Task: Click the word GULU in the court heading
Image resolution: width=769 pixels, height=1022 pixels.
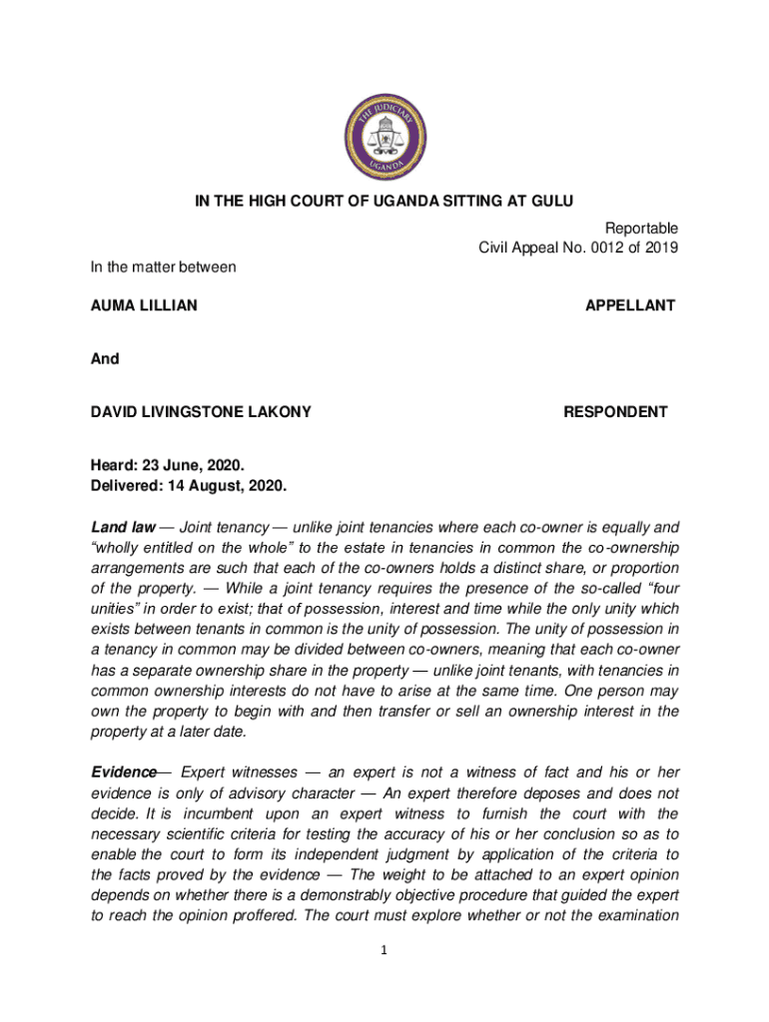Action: (x=553, y=203)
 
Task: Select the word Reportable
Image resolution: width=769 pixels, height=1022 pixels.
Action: (x=641, y=229)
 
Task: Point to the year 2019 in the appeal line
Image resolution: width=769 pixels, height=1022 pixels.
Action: (x=661, y=249)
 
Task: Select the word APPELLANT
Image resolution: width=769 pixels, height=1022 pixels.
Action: (x=630, y=305)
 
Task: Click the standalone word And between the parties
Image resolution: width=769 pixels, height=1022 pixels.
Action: (x=106, y=358)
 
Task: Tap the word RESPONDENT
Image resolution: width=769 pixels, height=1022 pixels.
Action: (x=616, y=411)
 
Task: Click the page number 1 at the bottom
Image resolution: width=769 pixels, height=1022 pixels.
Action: (x=384, y=950)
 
